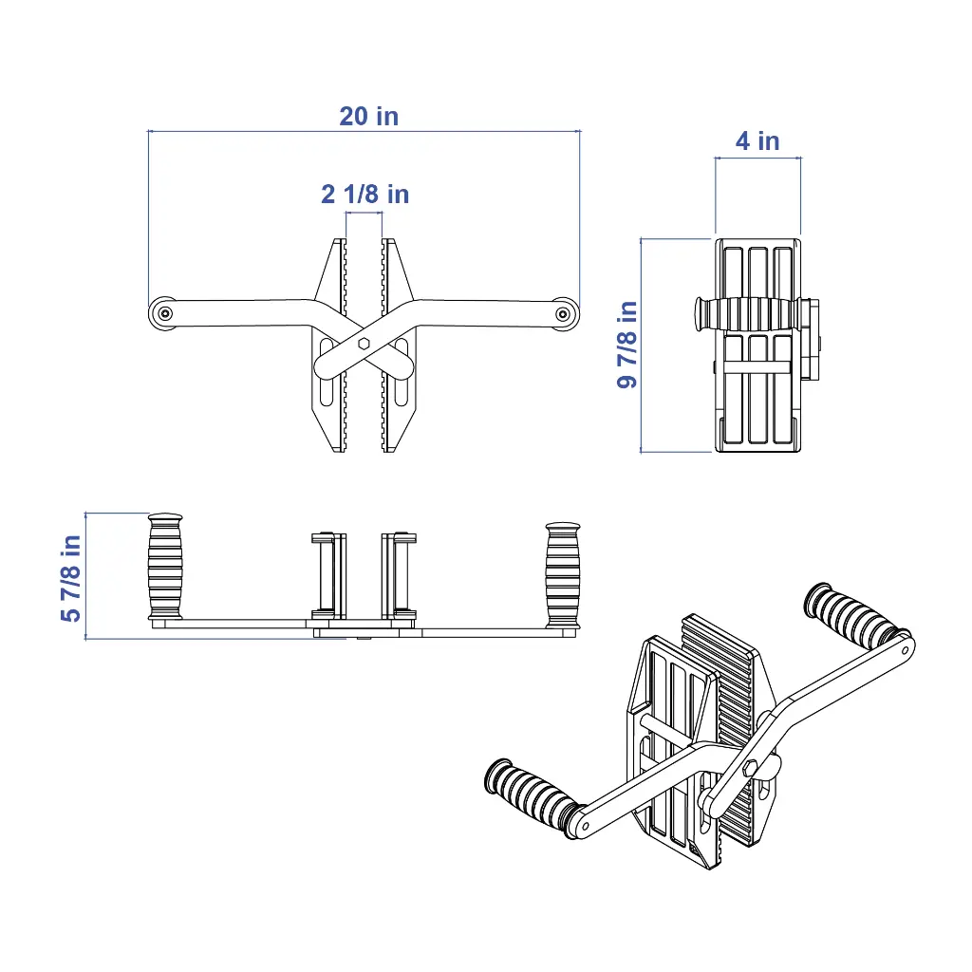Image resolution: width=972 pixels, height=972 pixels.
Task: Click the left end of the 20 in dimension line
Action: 149,131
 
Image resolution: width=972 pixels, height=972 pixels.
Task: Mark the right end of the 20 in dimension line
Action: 580,131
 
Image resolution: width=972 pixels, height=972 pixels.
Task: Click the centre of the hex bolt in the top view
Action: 364,344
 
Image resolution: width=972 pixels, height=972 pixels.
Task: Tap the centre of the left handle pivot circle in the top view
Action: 165,313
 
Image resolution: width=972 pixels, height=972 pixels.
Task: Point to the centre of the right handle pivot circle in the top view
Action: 563,314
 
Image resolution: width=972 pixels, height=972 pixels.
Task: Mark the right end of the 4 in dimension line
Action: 800,159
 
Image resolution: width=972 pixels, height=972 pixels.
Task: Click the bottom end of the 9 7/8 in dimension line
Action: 641,452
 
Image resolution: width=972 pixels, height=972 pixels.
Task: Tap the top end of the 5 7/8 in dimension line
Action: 85,514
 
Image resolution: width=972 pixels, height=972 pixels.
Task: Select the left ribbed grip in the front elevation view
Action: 165,566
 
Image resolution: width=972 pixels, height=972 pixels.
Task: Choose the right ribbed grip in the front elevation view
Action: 563,574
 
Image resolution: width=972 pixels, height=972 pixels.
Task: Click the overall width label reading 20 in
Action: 369,117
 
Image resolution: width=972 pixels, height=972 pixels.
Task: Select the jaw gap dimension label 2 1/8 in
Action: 365,194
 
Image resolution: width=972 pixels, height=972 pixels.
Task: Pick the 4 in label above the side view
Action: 757,141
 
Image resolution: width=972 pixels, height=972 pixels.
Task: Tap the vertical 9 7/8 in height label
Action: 627,345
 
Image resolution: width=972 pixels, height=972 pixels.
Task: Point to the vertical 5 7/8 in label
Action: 70,578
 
